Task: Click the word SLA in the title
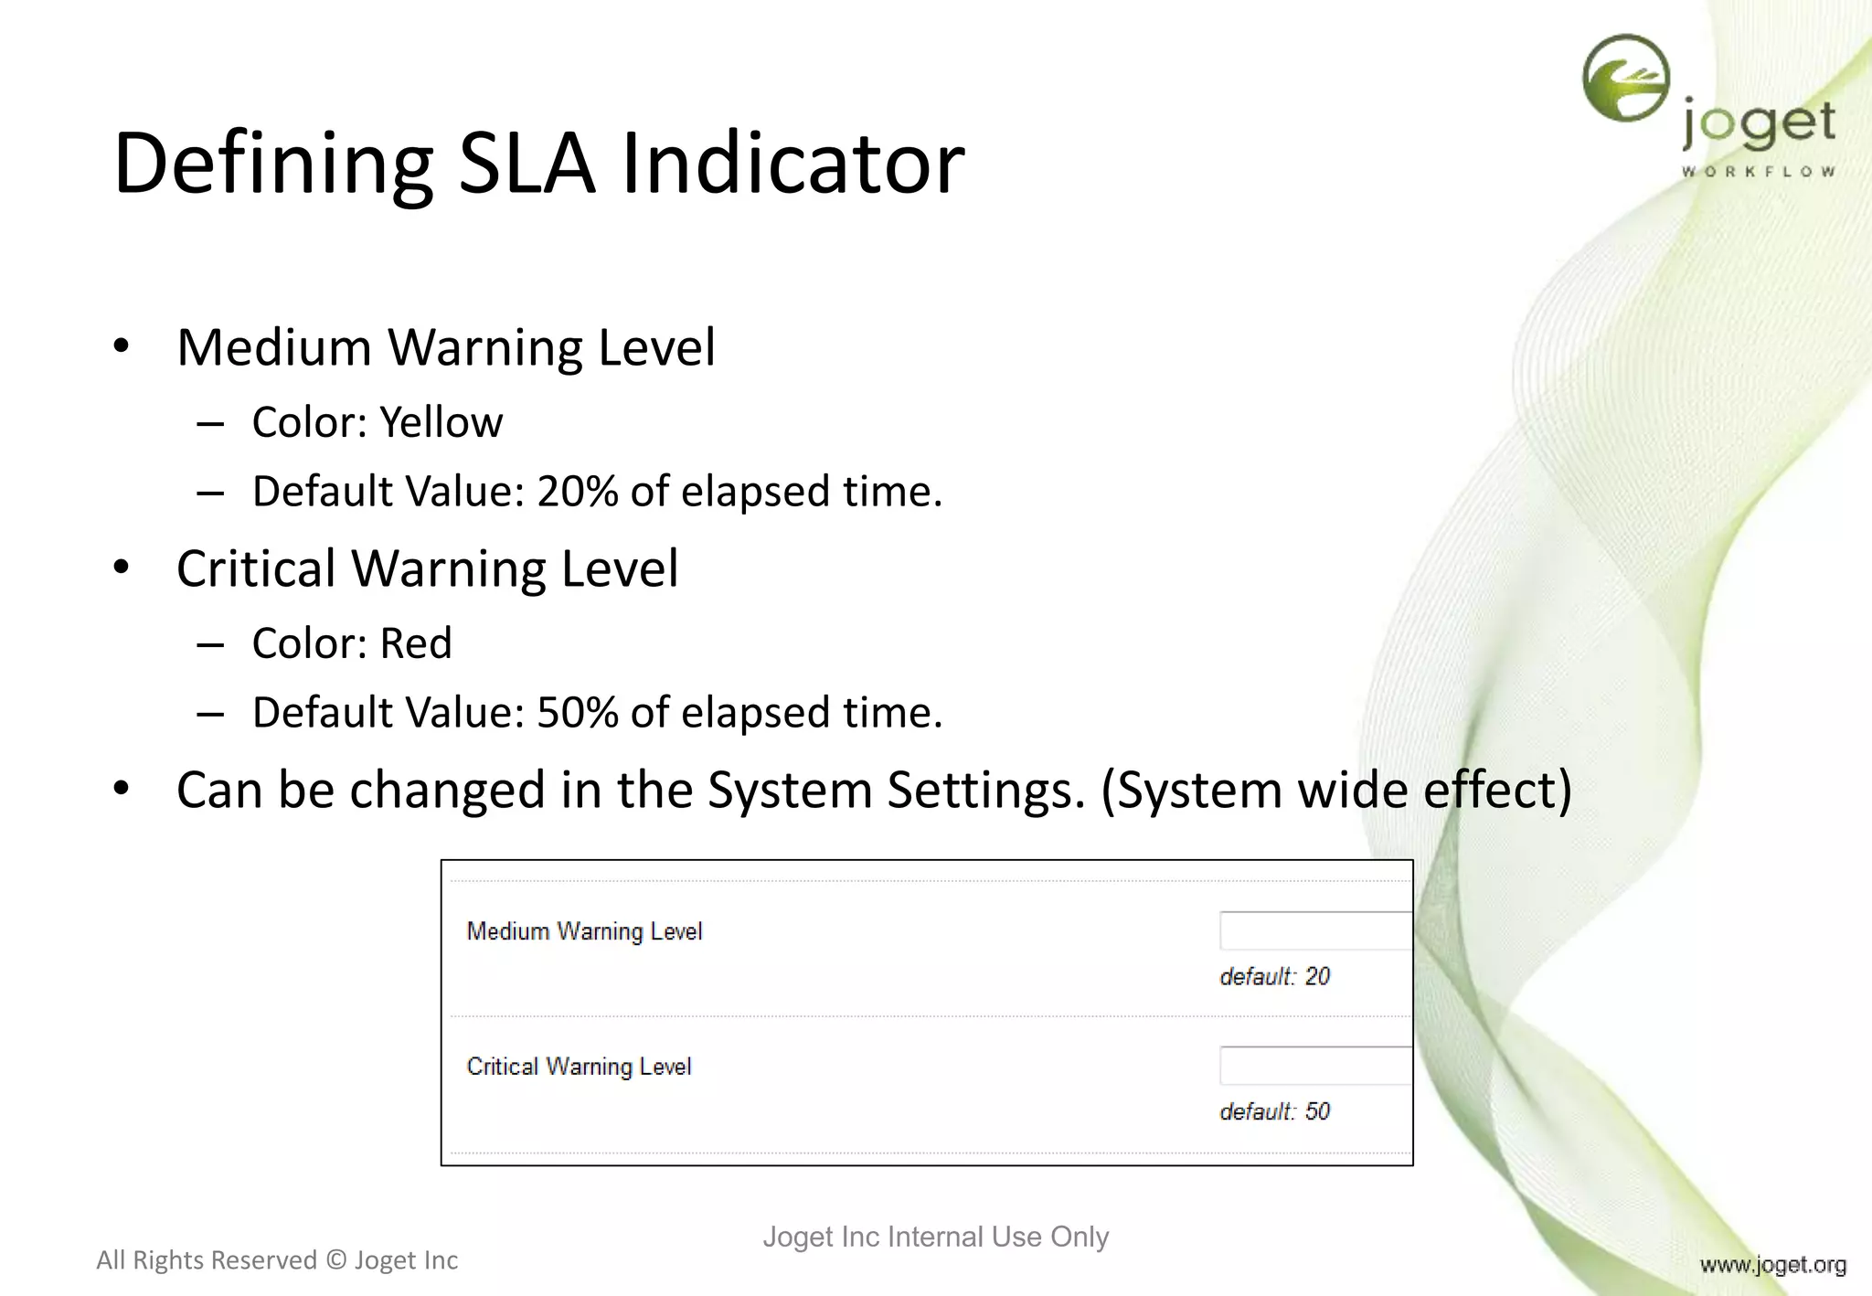click(x=526, y=165)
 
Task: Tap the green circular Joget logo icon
click(x=1626, y=78)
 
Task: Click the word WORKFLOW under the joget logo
click(x=1758, y=172)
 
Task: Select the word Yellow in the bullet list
click(x=441, y=422)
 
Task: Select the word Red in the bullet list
click(x=416, y=643)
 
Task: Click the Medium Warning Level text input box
click(x=1314, y=931)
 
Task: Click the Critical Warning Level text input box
click(x=1314, y=1066)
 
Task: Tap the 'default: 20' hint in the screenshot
click(x=1274, y=977)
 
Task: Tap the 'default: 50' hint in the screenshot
click(x=1274, y=1112)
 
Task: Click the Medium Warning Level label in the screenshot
click(x=584, y=931)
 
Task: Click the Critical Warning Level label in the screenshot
click(x=579, y=1067)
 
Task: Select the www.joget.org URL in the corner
click(x=1772, y=1265)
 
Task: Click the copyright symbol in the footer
click(x=336, y=1260)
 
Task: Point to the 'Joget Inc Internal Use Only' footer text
click(x=935, y=1237)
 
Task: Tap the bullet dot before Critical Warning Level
click(x=122, y=568)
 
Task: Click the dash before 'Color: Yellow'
click(x=210, y=424)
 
